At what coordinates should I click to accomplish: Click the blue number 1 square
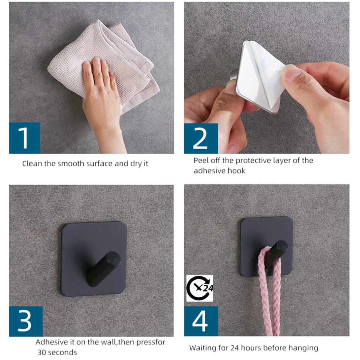[x=24, y=138]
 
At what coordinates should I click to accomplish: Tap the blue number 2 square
[x=201, y=138]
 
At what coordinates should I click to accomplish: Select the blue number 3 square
[x=26, y=321]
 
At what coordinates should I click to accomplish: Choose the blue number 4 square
[x=201, y=321]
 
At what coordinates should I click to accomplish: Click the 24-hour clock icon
[x=200, y=288]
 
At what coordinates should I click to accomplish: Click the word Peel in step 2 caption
[x=201, y=160]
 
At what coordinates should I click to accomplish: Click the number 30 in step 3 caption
[x=42, y=352]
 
